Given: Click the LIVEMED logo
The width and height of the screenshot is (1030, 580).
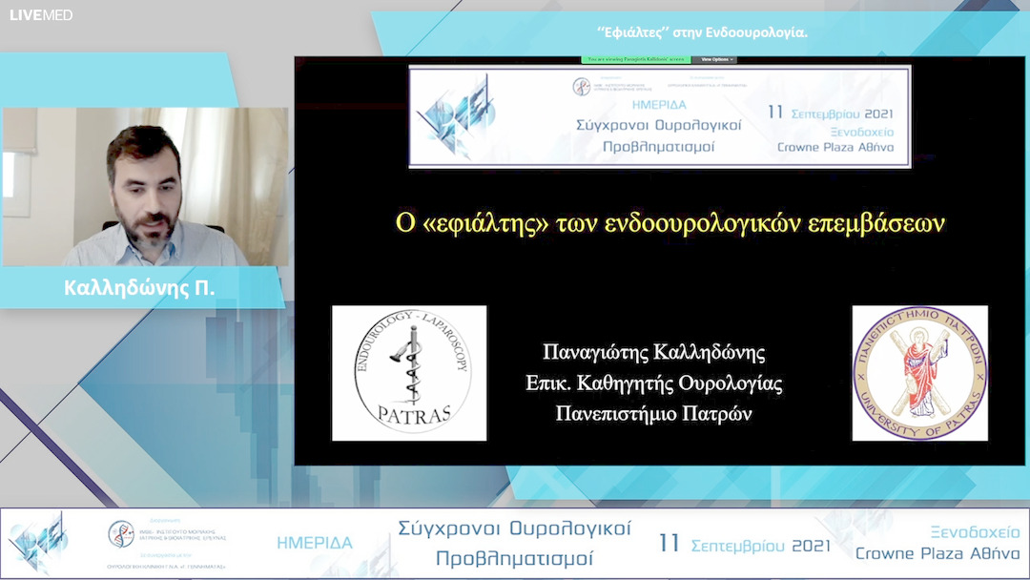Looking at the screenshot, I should click(x=41, y=15).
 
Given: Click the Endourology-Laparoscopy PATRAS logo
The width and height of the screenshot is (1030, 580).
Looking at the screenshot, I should click(x=409, y=373).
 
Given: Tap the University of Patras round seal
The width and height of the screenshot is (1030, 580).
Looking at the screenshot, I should click(x=919, y=373).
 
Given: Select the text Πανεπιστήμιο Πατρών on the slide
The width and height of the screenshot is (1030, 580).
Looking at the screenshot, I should click(x=653, y=414).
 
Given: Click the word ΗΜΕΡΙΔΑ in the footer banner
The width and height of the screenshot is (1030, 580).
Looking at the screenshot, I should click(x=315, y=543).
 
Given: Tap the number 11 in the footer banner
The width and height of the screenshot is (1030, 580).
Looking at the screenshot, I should click(x=669, y=544).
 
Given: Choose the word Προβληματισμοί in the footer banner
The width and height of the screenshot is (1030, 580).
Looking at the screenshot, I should click(x=514, y=558).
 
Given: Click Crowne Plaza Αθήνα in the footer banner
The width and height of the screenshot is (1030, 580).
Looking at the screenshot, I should click(x=937, y=553).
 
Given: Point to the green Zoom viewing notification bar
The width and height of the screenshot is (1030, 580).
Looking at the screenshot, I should click(x=634, y=59).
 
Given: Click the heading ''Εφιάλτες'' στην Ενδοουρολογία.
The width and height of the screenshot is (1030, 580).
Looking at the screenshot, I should click(x=702, y=32).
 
